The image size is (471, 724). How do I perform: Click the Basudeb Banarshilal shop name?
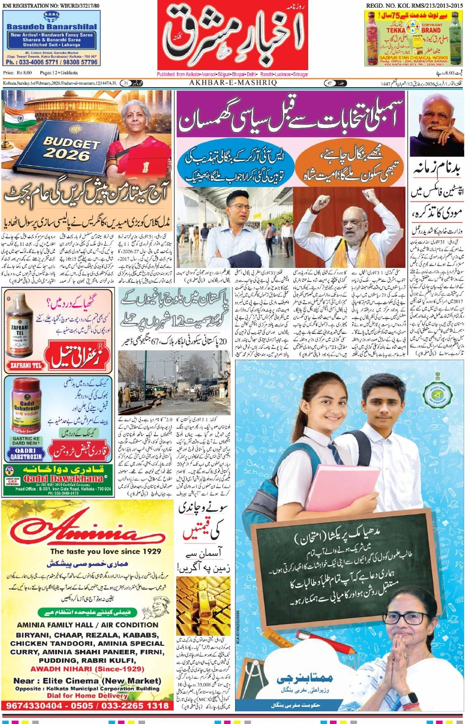[x=52, y=27]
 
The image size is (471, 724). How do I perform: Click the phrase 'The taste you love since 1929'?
[x=106, y=551]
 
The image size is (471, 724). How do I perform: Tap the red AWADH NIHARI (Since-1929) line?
[x=87, y=669]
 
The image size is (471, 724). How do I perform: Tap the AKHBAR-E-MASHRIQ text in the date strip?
[x=233, y=83]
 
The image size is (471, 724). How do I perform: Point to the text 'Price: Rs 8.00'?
[x=18, y=72]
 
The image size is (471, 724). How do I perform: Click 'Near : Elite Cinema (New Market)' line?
[x=87, y=681]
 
